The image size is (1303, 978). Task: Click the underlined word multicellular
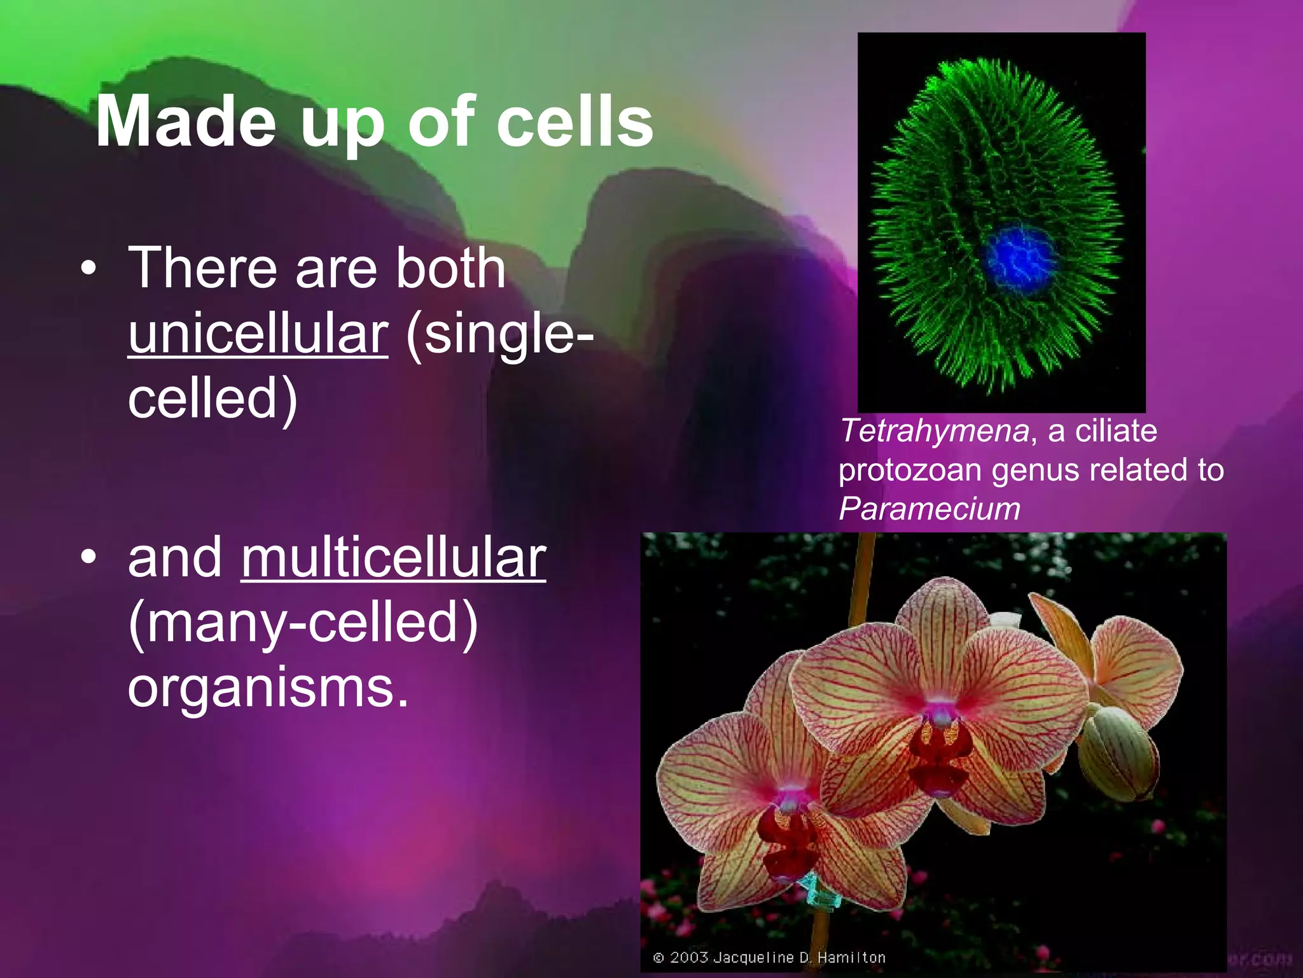393,558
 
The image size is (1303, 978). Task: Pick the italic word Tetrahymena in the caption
934,431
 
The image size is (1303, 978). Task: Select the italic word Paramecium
930,509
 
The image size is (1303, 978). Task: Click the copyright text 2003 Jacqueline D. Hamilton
770,957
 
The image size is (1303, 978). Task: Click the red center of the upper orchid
942,745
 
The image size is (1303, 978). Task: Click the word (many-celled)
303,623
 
